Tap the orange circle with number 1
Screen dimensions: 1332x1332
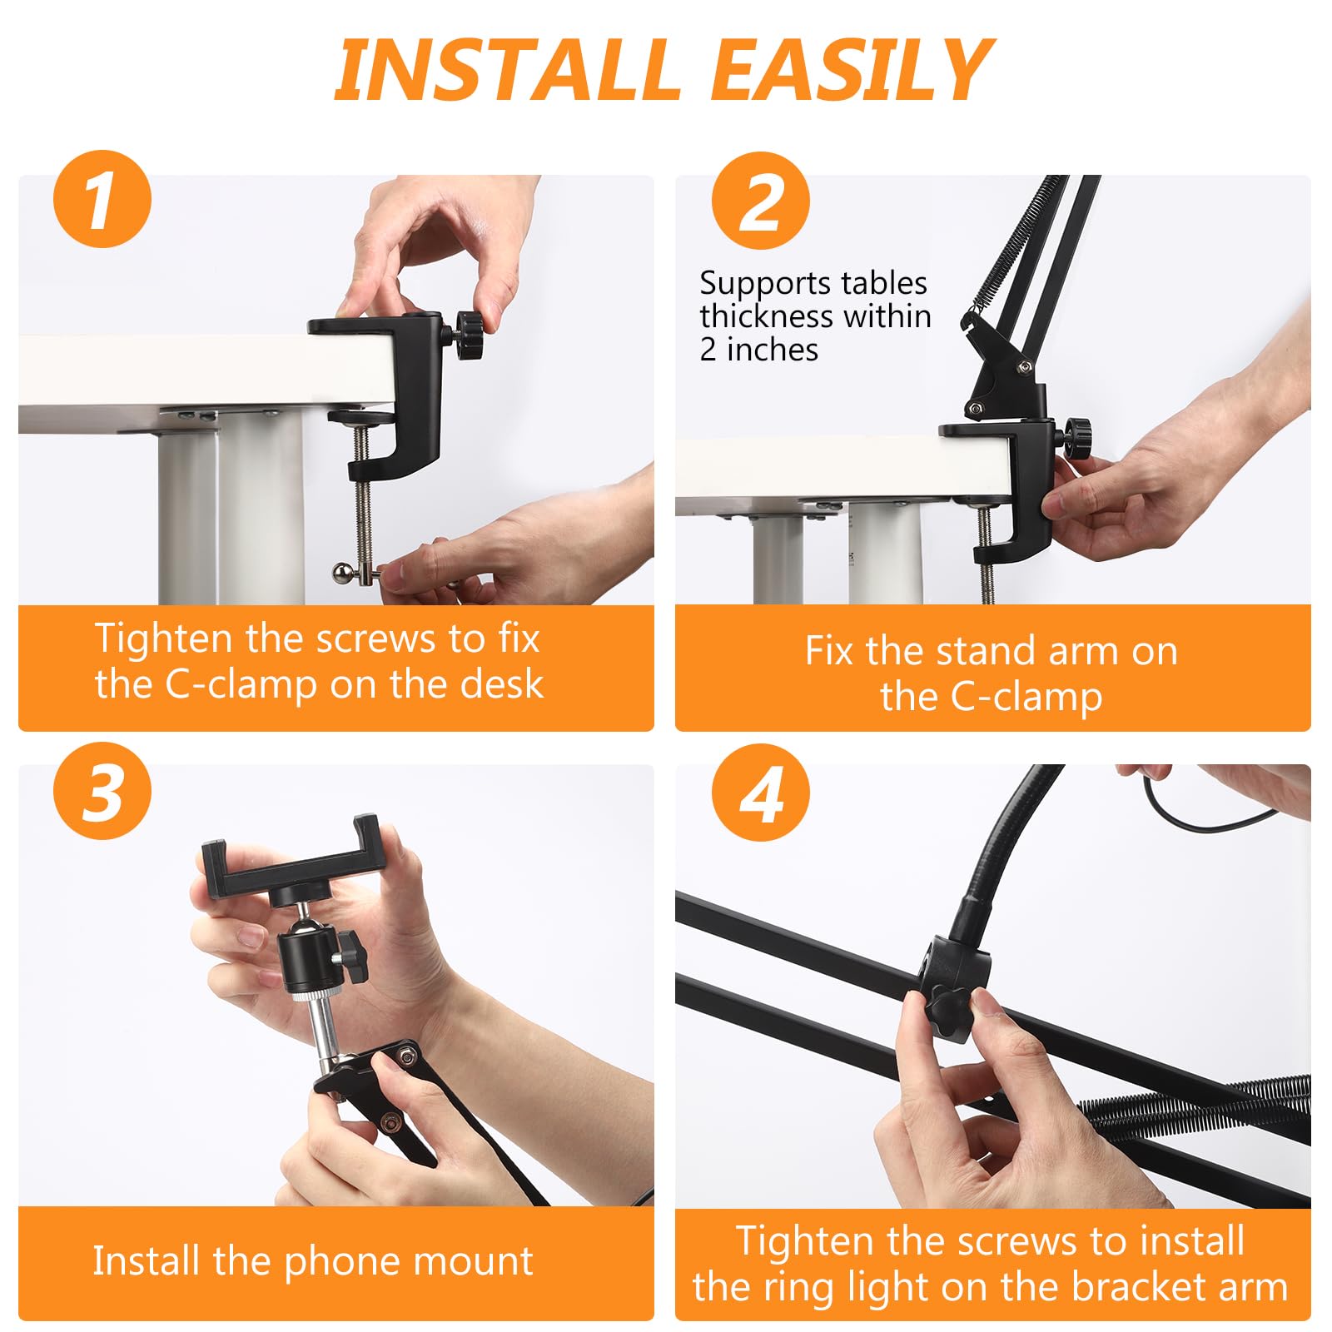102,199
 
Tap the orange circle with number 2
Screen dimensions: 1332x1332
761,201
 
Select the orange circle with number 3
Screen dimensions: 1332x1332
102,791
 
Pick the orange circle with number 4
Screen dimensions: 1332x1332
761,793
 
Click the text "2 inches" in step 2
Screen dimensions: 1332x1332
759,350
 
